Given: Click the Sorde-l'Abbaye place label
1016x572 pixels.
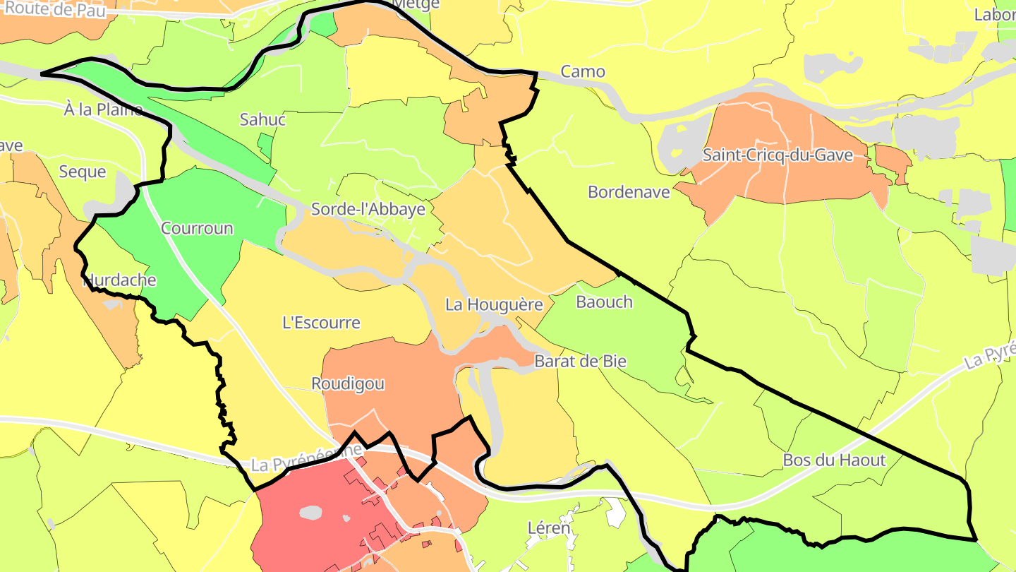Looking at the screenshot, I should [x=368, y=209].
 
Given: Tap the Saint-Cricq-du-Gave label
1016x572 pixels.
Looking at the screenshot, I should [x=778, y=155].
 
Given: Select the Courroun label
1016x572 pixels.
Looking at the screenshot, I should [x=197, y=228].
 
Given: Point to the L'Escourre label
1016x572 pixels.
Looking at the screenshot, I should [x=321, y=323].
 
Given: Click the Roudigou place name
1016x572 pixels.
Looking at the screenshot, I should [x=348, y=383].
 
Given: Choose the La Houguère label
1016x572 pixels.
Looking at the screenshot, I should [x=494, y=304].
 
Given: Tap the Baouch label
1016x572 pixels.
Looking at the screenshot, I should [x=604, y=302].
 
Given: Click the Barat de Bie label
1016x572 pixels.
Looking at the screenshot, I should [x=580, y=361].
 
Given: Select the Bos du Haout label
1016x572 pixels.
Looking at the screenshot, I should [x=834, y=460].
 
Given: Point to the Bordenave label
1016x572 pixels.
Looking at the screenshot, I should [x=629, y=191].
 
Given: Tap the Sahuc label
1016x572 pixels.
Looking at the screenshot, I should [x=262, y=119].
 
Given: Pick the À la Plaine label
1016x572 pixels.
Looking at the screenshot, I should [x=103, y=109].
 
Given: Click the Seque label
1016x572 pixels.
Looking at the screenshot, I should [x=83, y=172].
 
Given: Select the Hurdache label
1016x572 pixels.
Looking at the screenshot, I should [x=119, y=280].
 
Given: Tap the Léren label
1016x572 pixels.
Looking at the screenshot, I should [x=548, y=528].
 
